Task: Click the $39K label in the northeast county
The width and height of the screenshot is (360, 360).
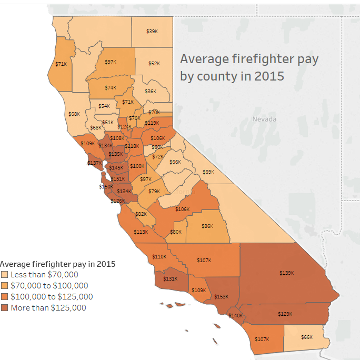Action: click(x=152, y=32)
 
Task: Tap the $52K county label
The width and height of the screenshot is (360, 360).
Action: click(x=154, y=63)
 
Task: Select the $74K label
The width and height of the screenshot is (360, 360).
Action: click(x=110, y=87)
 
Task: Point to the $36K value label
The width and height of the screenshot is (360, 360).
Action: click(x=151, y=91)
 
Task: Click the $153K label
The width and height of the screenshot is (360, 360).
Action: click(x=221, y=296)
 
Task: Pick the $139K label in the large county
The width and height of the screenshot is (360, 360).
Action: click(x=287, y=273)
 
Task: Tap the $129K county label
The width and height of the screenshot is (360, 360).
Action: click(x=284, y=314)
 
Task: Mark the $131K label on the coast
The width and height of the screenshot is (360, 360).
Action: click(x=170, y=278)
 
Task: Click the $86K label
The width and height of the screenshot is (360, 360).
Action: click(x=207, y=226)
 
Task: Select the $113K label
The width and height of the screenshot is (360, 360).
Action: click(x=141, y=232)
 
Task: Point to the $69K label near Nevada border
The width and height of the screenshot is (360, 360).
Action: click(x=208, y=172)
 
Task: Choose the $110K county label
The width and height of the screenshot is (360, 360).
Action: click(x=159, y=256)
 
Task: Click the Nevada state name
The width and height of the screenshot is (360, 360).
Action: click(x=264, y=119)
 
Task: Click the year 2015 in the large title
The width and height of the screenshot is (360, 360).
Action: click(x=269, y=76)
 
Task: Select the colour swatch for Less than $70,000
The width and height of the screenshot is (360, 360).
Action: click(x=5, y=275)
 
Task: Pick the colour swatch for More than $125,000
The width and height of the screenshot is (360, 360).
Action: click(x=5, y=308)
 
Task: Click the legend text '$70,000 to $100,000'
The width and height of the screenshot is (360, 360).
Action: click(x=49, y=286)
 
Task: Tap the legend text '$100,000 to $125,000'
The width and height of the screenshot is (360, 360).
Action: click(x=52, y=297)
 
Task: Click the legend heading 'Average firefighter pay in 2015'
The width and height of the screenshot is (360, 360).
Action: click(x=58, y=264)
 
